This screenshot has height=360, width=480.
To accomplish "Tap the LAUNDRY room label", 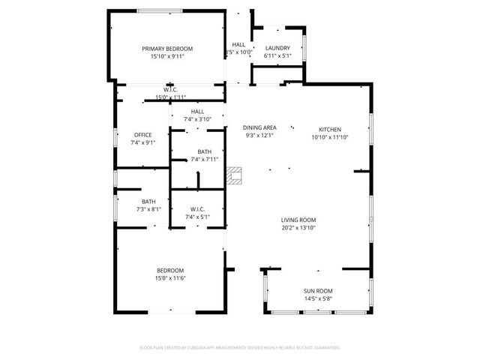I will click(277, 48).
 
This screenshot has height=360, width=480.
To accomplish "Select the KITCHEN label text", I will click(330, 129).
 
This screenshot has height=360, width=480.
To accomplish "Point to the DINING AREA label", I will click(260, 127).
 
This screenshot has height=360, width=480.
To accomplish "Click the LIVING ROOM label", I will click(298, 220).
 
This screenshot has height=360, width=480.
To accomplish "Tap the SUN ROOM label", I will click(318, 291).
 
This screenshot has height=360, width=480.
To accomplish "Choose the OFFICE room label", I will click(142, 135).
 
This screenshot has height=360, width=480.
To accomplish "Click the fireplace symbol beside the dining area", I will click(236, 175).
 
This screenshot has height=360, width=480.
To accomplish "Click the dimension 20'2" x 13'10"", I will click(298, 227).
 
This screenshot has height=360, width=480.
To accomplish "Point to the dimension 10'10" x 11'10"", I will click(330, 136).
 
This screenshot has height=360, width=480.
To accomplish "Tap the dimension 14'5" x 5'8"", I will click(318, 298).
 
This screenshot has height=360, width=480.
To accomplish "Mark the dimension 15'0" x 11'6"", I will click(169, 278).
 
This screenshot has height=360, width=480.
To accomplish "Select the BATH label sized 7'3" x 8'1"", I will click(149, 201).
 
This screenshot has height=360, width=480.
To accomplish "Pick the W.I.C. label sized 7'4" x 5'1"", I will click(198, 209).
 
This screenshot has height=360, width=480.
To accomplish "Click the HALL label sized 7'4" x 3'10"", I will click(198, 111).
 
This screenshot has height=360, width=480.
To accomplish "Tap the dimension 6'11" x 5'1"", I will click(277, 55).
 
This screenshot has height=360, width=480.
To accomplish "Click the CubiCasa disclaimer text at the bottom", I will click(240, 348).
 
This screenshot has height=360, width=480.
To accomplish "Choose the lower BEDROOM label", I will click(169, 271).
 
